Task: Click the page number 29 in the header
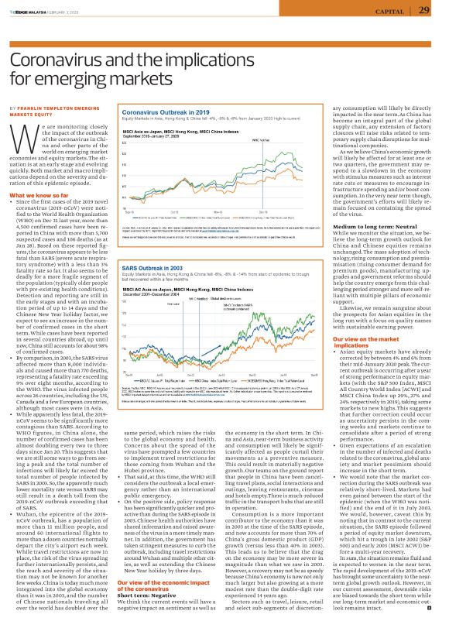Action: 423,10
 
